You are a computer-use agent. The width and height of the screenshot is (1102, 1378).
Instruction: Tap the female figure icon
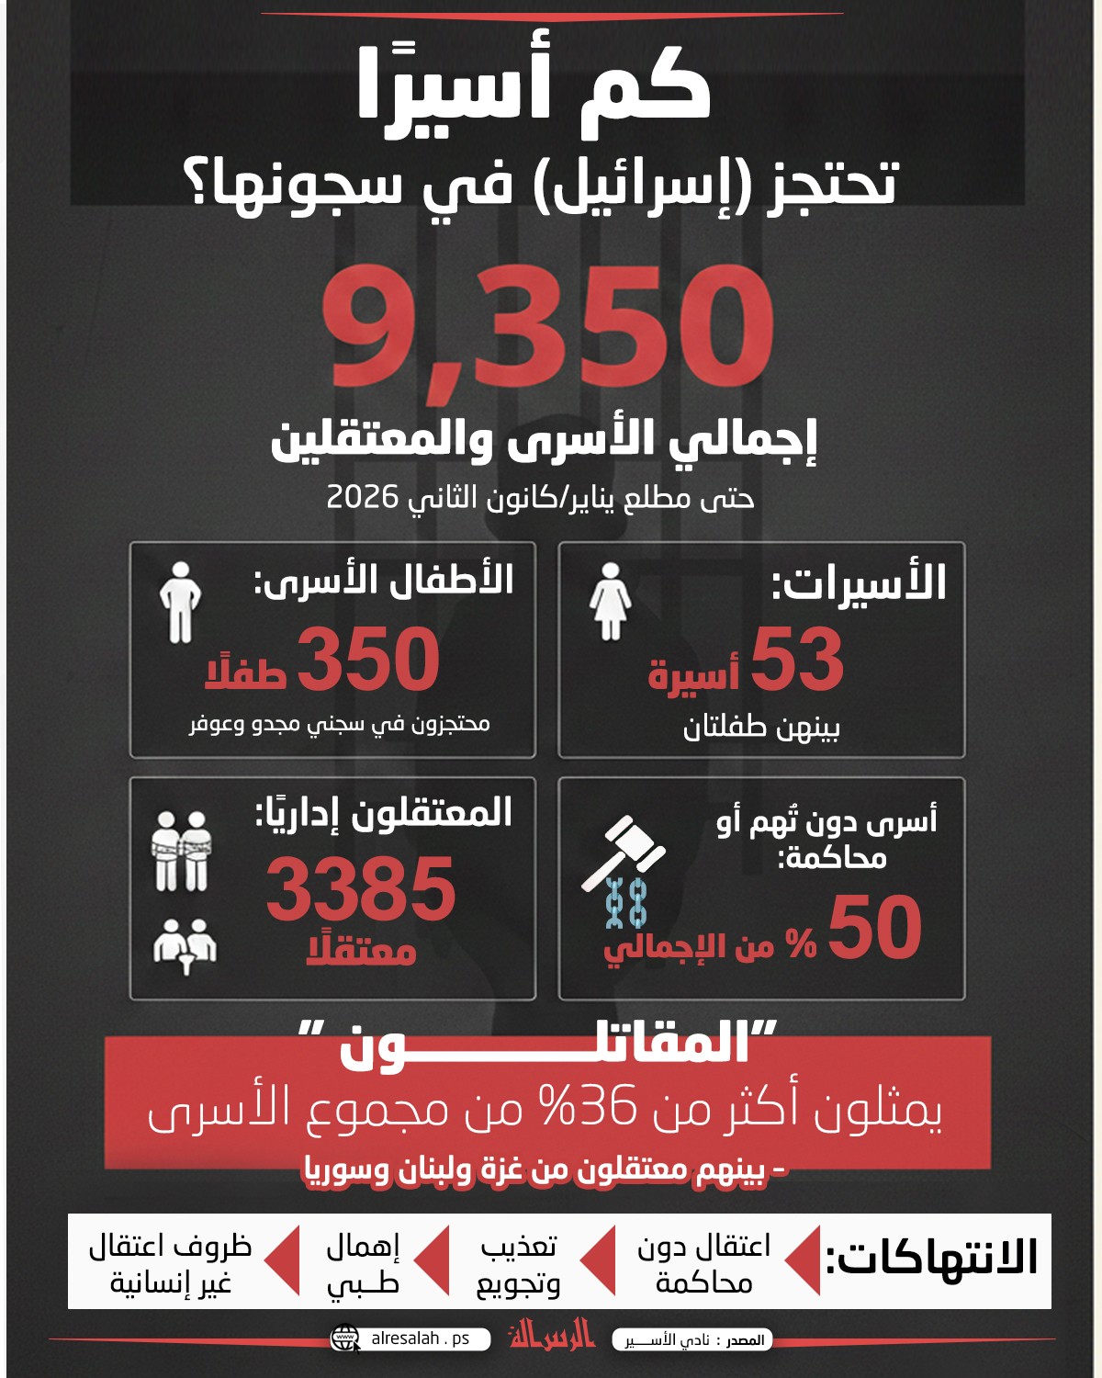point(610,602)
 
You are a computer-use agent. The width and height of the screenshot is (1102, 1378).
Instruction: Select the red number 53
point(796,660)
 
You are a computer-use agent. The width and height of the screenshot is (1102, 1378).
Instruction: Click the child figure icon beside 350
point(180,602)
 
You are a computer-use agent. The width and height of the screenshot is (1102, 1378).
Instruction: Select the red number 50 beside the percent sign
point(874,928)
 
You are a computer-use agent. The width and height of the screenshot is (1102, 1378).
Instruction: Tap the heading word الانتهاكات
point(931,1259)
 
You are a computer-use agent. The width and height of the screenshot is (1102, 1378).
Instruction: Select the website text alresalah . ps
point(420,1338)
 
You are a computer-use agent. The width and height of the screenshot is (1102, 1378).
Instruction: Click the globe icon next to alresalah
point(346,1338)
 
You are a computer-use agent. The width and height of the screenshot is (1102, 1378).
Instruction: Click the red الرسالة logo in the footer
point(552,1335)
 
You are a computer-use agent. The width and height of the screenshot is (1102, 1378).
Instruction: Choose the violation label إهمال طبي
point(363,1264)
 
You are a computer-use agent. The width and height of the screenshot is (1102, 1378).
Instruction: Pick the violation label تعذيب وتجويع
point(518,1264)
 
